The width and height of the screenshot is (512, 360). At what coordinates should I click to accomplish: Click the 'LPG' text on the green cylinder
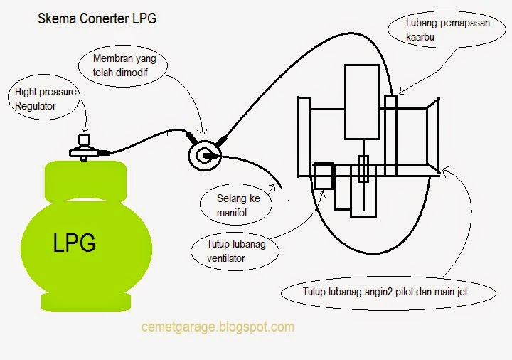pyautogui.click(x=75, y=243)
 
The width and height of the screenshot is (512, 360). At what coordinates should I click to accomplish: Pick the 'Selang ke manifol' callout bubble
pyautogui.click(x=238, y=206)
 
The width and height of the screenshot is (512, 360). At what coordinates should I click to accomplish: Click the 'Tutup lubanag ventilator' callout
pyautogui.click(x=229, y=251)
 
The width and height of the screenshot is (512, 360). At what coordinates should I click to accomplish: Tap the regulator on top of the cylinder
pyautogui.click(x=85, y=148)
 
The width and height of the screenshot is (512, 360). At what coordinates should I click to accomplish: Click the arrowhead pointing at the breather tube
pyautogui.click(x=400, y=92)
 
